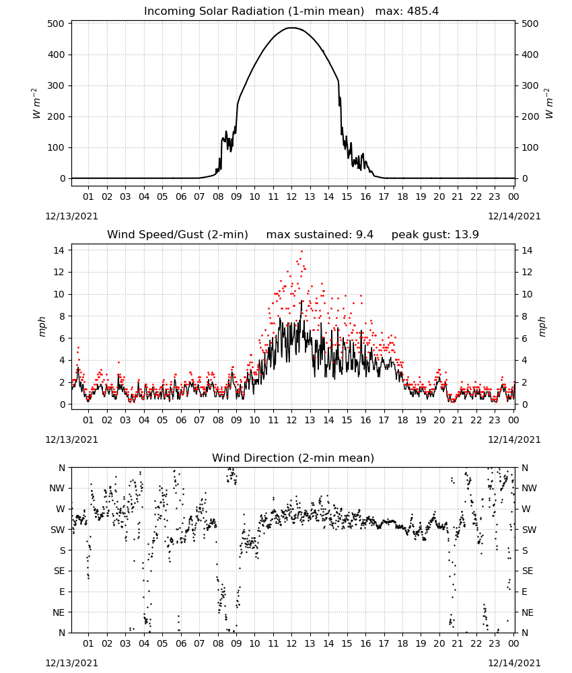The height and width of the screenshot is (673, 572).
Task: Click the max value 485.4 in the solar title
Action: click(x=422, y=11)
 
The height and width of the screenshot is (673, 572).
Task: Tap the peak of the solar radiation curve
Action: click(x=292, y=28)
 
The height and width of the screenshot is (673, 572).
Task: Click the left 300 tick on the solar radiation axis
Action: click(x=57, y=85)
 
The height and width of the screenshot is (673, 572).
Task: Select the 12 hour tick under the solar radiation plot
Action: click(x=292, y=197)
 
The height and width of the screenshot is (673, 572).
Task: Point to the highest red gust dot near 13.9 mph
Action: click(x=301, y=251)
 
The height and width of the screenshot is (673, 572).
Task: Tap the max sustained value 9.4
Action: click(x=364, y=234)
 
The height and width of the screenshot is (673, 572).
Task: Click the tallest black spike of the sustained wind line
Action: click(x=301, y=301)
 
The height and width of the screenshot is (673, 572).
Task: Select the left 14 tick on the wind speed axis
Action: click(x=59, y=250)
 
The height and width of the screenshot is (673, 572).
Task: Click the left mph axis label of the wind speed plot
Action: click(x=42, y=326)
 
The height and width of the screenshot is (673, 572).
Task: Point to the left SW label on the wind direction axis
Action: click(x=58, y=530)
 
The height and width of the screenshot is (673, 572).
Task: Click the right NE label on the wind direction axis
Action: click(x=528, y=612)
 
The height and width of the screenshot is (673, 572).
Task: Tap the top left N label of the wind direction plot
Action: click(x=62, y=468)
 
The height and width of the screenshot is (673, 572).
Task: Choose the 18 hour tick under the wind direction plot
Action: click(x=402, y=643)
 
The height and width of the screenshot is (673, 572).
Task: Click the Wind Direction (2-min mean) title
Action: click(x=293, y=458)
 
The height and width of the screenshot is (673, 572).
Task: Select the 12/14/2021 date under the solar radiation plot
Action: click(x=514, y=216)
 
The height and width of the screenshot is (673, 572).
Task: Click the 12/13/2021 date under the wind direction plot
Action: click(x=71, y=663)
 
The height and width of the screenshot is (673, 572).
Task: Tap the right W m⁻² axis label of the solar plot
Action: click(x=549, y=104)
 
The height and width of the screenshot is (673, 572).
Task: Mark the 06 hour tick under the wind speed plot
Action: click(x=181, y=420)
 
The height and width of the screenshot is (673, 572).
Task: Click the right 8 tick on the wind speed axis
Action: click(x=524, y=316)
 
